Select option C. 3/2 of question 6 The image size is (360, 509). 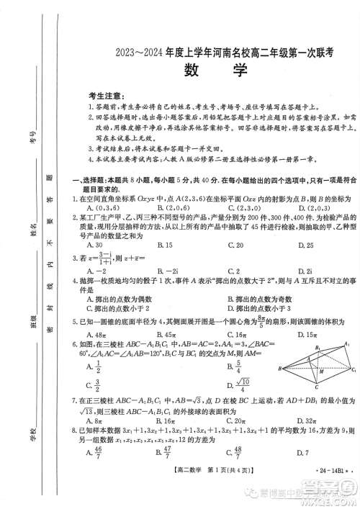pos(94,384)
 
